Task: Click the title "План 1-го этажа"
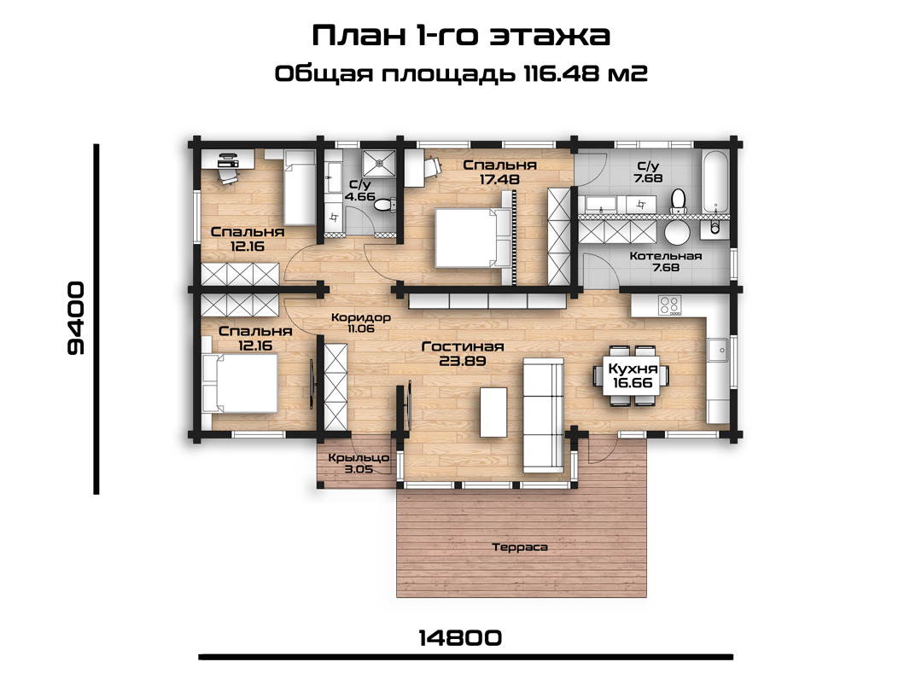(x=460, y=35)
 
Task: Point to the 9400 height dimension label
(x=76, y=318)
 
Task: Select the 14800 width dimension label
(x=460, y=637)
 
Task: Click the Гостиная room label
(x=463, y=346)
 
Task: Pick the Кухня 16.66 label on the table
(x=633, y=376)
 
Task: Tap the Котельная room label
(x=666, y=256)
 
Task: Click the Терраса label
(x=520, y=548)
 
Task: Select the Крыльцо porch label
(x=359, y=458)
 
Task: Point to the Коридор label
(x=361, y=318)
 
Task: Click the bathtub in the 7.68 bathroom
(x=715, y=181)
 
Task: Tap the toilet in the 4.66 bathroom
(x=384, y=205)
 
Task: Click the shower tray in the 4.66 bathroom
(x=379, y=163)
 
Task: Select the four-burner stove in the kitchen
(x=669, y=305)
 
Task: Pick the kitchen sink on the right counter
(x=718, y=351)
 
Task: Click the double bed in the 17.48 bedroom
(x=473, y=238)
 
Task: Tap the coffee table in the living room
(x=493, y=412)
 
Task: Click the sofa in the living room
(x=543, y=415)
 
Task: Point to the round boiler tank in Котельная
(x=677, y=233)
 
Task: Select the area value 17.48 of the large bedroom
(x=499, y=179)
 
